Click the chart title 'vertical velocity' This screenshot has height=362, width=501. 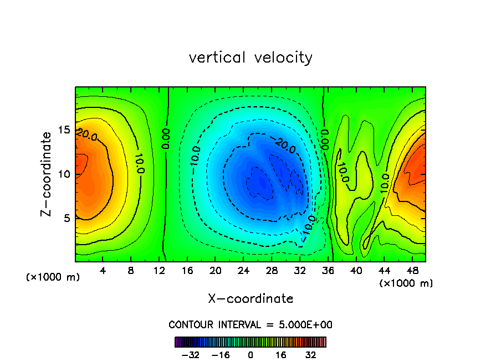point(250,58)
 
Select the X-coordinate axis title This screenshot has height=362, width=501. point(250,299)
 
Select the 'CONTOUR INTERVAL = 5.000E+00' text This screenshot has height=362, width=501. point(250,324)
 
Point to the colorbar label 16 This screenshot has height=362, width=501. point(281,355)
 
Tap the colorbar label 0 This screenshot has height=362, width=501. point(250,355)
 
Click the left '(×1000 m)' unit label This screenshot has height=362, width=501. point(53,277)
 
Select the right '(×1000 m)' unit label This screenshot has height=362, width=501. point(406,283)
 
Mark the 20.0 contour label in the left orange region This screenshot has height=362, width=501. point(88,135)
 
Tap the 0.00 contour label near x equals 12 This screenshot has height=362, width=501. point(166,138)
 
